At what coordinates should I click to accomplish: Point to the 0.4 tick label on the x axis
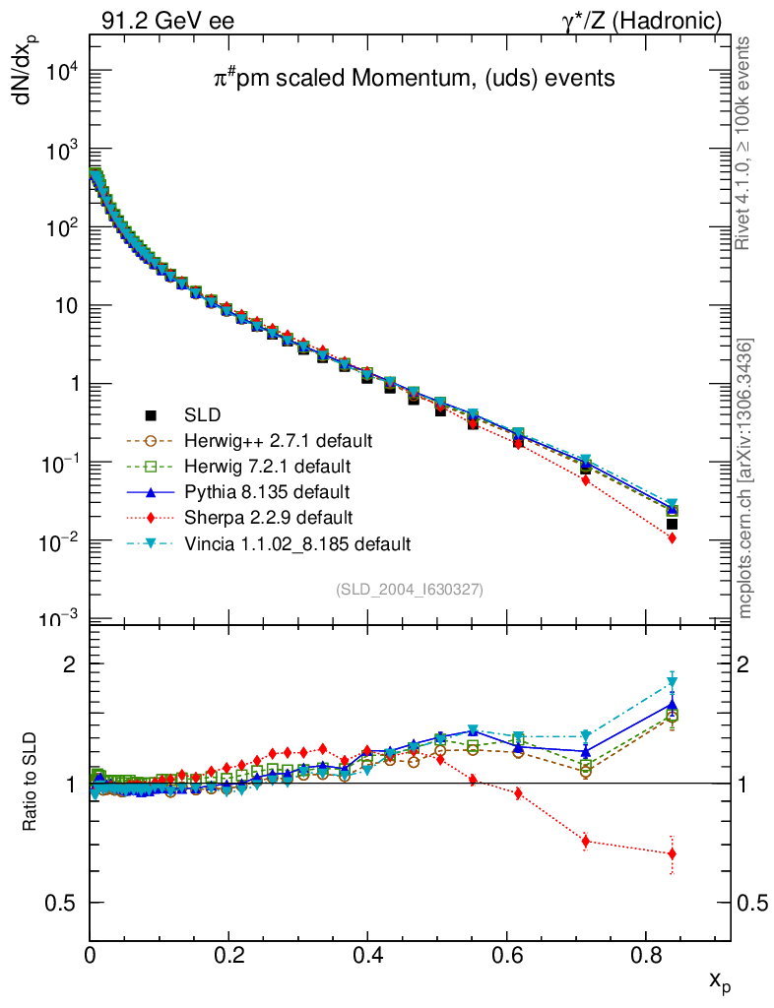[367, 954]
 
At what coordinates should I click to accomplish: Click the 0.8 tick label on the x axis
[645, 954]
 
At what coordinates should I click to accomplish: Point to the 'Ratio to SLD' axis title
[32, 784]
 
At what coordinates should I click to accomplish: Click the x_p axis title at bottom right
[719, 980]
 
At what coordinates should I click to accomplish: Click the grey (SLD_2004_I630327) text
[409, 589]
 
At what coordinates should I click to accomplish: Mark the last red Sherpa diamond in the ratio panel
[672, 853]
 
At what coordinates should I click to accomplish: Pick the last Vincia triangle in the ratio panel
[673, 682]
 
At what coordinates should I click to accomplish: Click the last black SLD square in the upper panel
[672, 524]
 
